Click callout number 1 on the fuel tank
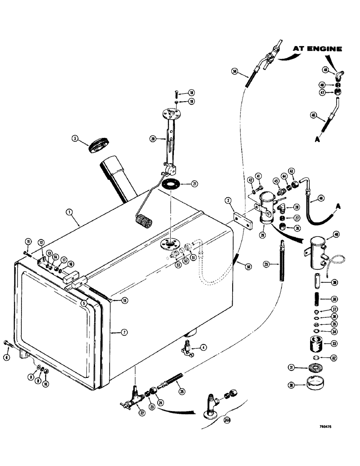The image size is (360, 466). coord(69,212)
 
